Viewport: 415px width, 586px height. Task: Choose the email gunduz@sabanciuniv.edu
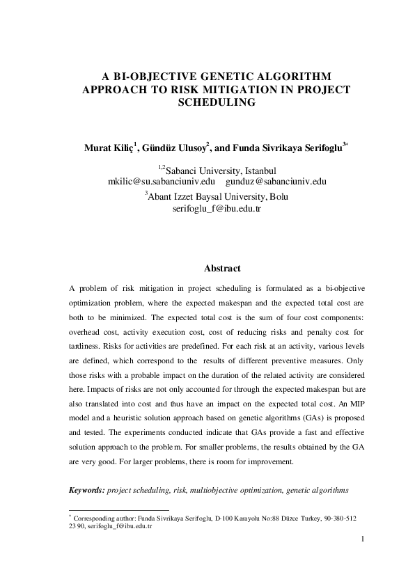click(276, 182)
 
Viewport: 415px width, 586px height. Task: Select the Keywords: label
click(87, 491)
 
